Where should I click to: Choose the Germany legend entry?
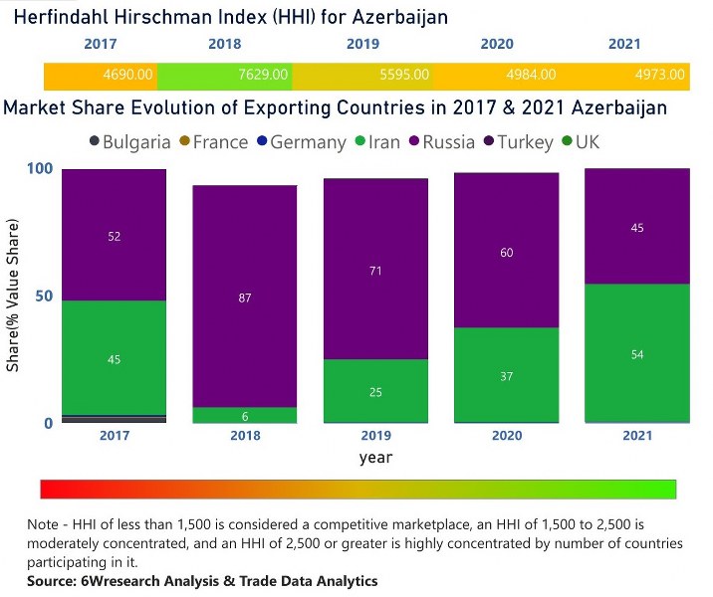coord(300,142)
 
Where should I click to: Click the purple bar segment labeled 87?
coord(245,297)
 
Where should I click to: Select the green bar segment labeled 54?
coord(637,353)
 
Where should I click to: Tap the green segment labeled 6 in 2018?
coord(245,416)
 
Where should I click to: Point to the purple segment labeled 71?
coord(375,270)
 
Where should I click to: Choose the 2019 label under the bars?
coord(375,436)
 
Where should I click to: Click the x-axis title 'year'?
coord(375,459)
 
